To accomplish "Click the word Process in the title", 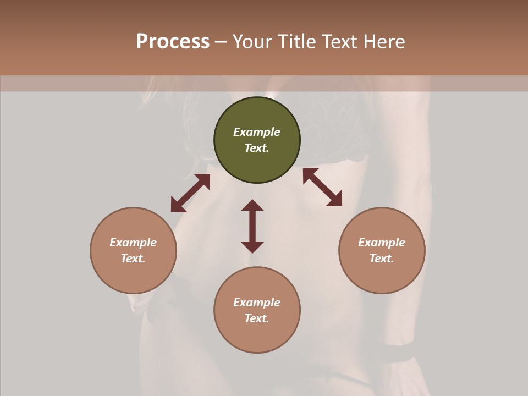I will click(x=173, y=42).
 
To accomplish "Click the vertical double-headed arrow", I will click(x=252, y=226).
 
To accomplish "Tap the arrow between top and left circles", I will click(x=190, y=193).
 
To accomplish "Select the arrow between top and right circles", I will click(x=323, y=187).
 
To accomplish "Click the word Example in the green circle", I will click(x=257, y=132).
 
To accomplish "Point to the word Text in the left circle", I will click(x=133, y=258).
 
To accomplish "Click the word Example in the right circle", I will click(x=382, y=243).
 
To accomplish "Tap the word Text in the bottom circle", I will click(x=257, y=318).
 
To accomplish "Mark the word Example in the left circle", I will click(x=133, y=243).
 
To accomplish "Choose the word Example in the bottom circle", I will click(x=257, y=302).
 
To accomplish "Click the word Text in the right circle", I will click(x=382, y=258).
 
